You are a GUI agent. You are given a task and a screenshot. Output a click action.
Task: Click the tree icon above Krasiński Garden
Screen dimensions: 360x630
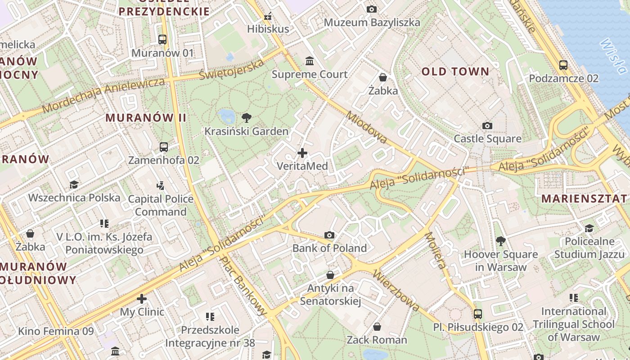(246, 118)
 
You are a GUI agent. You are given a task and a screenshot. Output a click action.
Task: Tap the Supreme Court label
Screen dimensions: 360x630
(310, 74)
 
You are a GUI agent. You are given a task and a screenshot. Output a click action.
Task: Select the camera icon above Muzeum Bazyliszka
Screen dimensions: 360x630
(372, 9)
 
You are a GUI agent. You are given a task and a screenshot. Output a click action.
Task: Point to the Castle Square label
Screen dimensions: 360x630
(487, 139)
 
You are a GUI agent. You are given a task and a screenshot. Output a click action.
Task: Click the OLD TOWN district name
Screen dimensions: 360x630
(455, 72)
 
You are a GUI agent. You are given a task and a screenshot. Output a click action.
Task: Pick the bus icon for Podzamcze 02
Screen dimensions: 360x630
(563, 65)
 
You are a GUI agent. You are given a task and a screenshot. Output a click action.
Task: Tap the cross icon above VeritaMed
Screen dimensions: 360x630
(302, 153)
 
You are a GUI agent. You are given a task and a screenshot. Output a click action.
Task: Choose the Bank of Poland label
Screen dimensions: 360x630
(329, 248)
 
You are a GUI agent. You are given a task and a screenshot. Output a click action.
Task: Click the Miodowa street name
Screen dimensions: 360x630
(366, 128)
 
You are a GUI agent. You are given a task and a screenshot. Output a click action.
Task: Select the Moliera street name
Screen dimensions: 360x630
(436, 250)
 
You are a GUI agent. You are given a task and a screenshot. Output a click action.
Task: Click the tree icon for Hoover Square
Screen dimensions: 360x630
(500, 241)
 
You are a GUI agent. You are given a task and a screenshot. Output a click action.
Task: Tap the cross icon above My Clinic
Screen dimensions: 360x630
(142, 299)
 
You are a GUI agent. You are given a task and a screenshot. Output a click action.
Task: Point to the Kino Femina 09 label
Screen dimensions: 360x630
(56, 332)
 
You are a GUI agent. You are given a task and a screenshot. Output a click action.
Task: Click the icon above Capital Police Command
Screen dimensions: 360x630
(161, 185)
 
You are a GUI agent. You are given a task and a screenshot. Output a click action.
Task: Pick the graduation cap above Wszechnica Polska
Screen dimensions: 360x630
(74, 184)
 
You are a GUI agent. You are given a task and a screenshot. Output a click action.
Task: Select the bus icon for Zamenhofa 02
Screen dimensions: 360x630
(164, 147)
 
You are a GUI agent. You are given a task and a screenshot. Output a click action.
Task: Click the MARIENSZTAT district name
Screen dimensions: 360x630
(584, 198)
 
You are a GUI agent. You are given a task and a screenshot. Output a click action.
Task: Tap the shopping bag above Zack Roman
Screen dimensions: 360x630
(377, 327)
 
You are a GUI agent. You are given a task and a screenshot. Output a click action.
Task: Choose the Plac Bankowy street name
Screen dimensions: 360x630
(243, 286)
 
